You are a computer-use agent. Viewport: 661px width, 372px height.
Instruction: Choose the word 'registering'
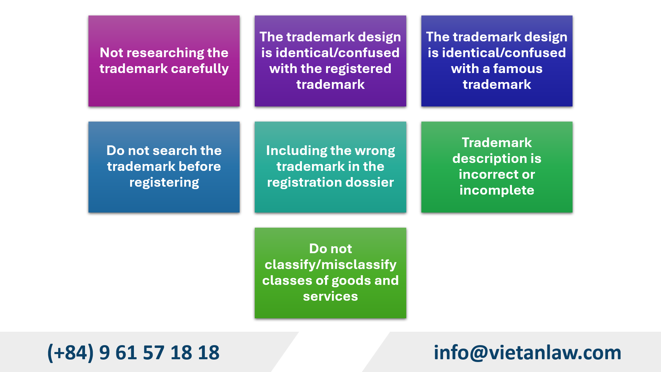tap(164, 183)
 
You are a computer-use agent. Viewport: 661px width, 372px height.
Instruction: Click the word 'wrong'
tap(375, 151)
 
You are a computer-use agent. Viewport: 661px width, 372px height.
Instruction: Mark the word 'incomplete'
tap(497, 190)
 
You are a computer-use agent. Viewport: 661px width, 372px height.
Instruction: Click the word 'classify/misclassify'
tap(330, 265)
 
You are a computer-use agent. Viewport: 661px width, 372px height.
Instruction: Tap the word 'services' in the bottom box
tap(330, 297)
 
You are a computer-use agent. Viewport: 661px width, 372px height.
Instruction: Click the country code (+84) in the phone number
tap(71, 353)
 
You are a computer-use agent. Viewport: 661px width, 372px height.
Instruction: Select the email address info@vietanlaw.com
tap(527, 353)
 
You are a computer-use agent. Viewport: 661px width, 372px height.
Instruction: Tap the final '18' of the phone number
tap(209, 353)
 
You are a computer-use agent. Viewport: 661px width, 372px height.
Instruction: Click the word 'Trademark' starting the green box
tap(497, 143)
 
